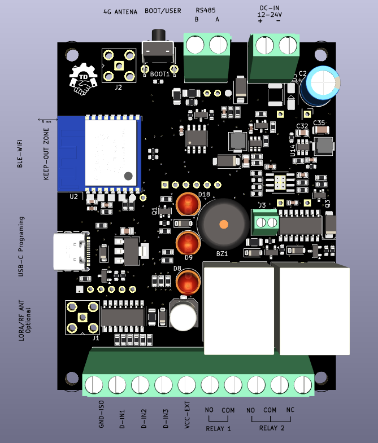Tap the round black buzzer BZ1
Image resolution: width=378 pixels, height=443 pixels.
[223, 223]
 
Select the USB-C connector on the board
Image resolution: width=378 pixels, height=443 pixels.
[71, 252]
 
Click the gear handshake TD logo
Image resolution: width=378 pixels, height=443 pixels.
[84, 79]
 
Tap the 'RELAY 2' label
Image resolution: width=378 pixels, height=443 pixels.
[272, 428]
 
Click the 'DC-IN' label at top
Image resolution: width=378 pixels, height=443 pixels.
[269, 8]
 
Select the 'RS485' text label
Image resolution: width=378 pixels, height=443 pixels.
[206, 10]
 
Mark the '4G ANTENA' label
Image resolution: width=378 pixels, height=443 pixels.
[120, 11]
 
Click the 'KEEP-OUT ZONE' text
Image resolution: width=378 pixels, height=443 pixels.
[47, 154]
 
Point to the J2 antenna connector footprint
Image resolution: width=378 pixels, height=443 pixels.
[119, 65]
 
